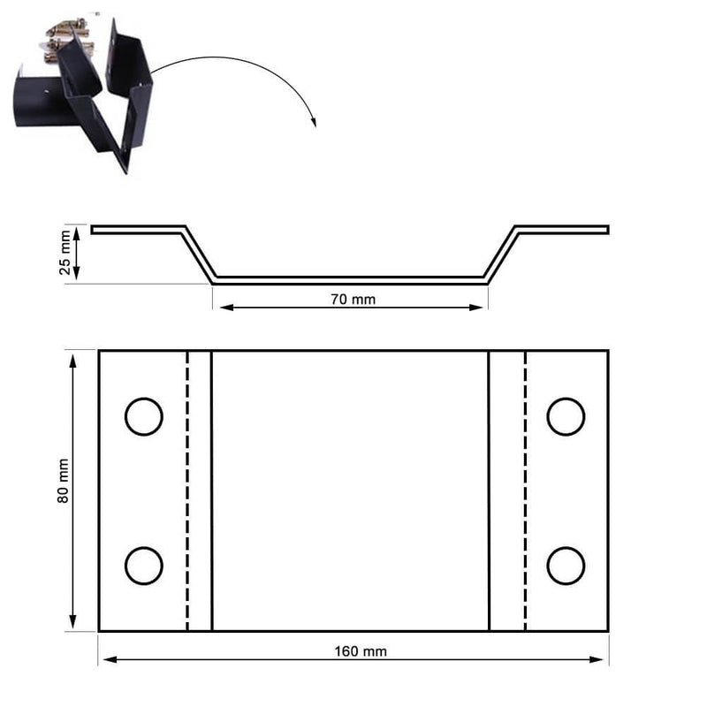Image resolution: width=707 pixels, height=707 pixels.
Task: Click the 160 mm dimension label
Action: coord(361,651)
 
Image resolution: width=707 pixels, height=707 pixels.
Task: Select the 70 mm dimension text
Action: coord(353,300)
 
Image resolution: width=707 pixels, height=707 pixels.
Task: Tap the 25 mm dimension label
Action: coord(65,254)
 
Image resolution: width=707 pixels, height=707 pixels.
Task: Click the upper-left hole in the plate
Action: coord(143,416)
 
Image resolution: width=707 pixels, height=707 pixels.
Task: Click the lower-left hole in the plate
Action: coord(143,566)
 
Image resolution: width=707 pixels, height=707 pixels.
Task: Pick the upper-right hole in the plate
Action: coord(566,416)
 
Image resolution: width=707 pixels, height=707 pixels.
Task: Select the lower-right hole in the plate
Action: coord(566,566)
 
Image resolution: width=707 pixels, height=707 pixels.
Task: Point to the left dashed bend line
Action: coord(187,490)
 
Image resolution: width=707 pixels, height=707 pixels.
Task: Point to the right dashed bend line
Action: coord(526,490)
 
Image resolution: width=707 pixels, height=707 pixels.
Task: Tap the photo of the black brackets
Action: coord(84,93)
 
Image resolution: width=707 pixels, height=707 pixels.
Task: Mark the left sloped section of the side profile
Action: coord(199,255)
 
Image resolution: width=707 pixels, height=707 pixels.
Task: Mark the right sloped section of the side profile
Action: coord(502,255)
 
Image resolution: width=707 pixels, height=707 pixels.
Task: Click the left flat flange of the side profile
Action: coord(137,230)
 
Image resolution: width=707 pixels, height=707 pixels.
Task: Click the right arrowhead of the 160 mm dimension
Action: coord(604,659)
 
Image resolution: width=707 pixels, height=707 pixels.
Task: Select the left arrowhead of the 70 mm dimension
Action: coord(224,308)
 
